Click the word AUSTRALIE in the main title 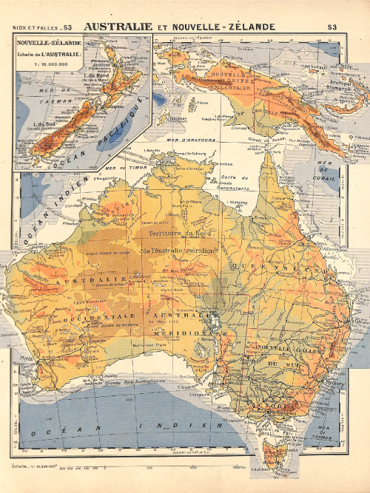(x=118, y=27)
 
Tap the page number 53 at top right (x=331, y=27)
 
